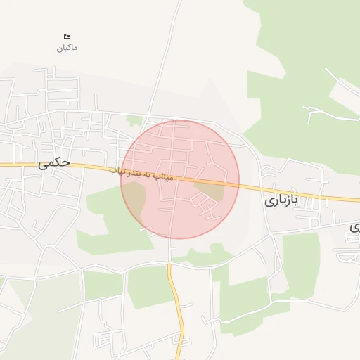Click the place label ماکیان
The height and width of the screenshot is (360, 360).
[x=67, y=48]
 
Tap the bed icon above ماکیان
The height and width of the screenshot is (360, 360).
[x=67, y=37]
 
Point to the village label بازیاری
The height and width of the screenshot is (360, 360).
[x=281, y=200]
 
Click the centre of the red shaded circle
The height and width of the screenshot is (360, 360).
[x=180, y=179]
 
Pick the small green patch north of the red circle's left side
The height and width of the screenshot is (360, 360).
[x=134, y=121]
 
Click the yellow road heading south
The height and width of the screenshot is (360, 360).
[x=179, y=309]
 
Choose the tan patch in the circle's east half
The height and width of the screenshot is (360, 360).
[x=214, y=190]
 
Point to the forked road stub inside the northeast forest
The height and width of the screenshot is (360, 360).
[x=316, y=109]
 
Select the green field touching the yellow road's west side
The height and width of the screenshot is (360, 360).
[x=149, y=285]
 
